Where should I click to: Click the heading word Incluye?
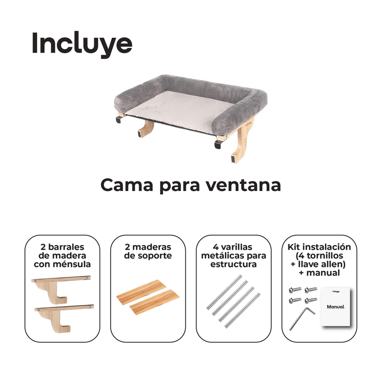(82, 44)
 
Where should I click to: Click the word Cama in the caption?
(127, 185)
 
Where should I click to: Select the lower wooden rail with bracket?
(64, 317)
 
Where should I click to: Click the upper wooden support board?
(141, 292)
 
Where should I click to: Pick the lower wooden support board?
(155, 302)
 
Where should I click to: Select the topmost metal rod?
(224, 292)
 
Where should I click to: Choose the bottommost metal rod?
(243, 310)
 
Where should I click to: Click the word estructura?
(233, 265)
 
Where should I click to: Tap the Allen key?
(302, 318)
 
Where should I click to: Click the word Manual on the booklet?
(336, 307)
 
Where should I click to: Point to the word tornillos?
(325, 256)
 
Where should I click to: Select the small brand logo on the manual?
(336, 291)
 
